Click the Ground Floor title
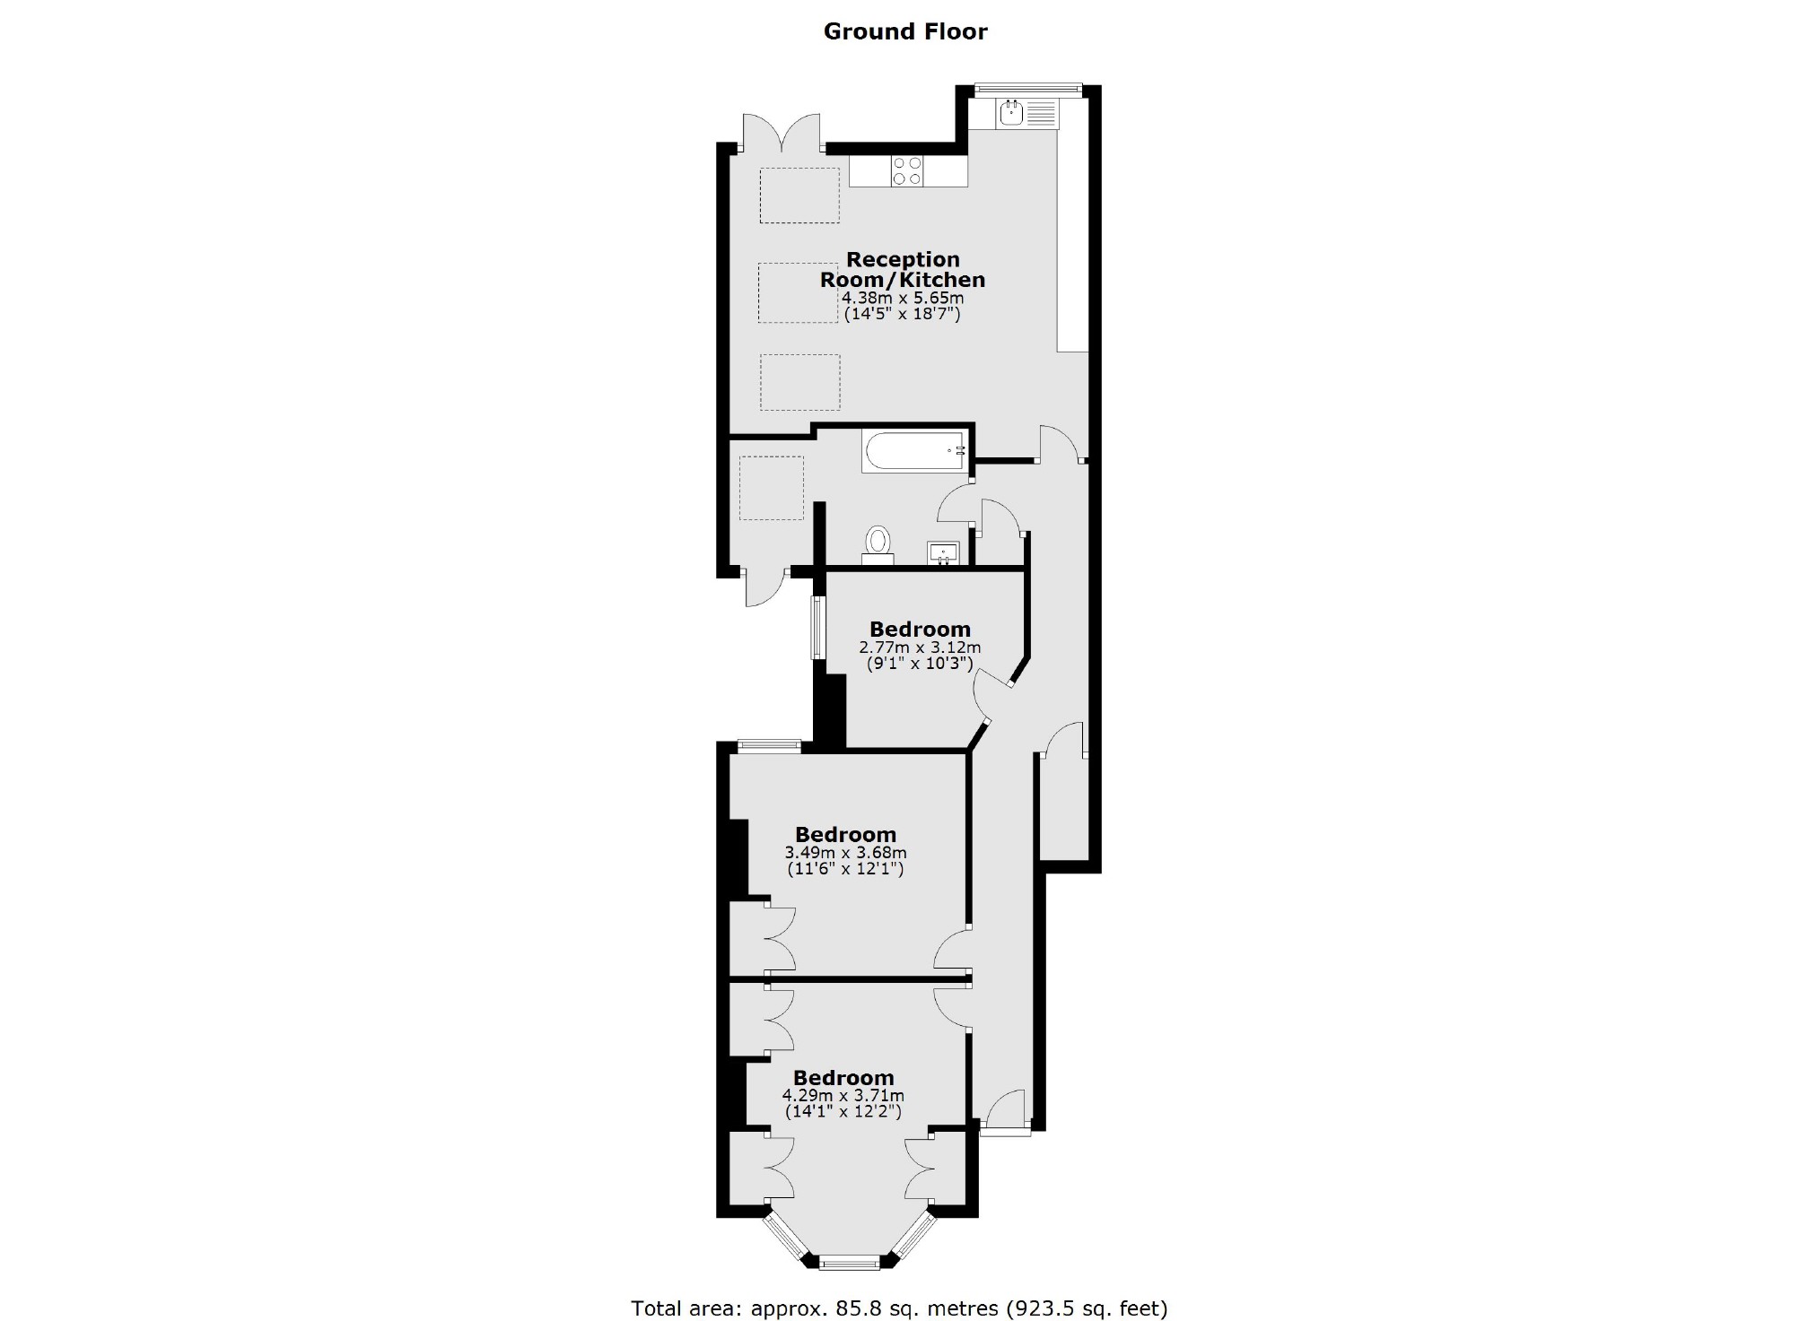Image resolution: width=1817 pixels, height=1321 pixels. [905, 31]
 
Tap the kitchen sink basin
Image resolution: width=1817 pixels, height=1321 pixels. [1012, 113]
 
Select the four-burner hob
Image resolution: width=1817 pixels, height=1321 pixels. [907, 170]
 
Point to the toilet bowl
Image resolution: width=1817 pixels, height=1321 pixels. [878, 542]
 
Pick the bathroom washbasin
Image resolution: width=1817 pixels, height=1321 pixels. [943, 552]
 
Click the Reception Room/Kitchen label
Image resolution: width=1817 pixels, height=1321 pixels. [903, 270]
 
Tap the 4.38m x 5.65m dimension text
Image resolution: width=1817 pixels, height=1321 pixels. [903, 298]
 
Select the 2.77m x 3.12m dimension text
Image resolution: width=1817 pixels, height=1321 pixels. [920, 647]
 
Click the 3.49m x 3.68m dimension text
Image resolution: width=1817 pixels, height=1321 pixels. [845, 853]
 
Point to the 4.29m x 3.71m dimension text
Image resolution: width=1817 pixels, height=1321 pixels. [843, 1095]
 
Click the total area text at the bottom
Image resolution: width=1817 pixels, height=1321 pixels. [899, 1308]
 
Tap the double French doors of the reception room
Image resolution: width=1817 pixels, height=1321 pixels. [782, 135]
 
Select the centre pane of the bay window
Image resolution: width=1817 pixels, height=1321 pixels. [850, 1263]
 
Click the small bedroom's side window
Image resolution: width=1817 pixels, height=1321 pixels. [817, 627]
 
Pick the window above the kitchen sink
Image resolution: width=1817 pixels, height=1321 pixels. [1028, 89]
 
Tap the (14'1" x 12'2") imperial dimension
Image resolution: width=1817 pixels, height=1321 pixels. [843, 1112]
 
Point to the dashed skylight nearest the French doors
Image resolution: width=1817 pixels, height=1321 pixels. [799, 196]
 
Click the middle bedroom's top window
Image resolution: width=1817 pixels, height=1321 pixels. [769, 743]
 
